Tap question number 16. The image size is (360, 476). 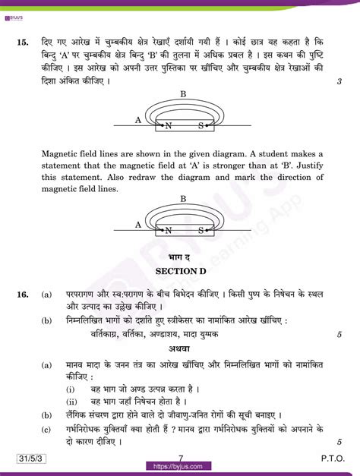pos(22,294)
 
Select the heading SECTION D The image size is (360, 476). pos(181,271)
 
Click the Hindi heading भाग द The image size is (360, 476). pos(181,259)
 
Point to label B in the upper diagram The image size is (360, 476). pos(183,93)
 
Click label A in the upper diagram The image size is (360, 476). pos(137,119)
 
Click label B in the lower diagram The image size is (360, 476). pos(183,199)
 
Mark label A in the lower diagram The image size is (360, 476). pos(137,225)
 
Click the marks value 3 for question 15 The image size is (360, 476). pos(339,81)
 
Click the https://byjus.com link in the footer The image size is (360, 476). pos(180,467)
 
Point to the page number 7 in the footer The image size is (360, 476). pos(181,458)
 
